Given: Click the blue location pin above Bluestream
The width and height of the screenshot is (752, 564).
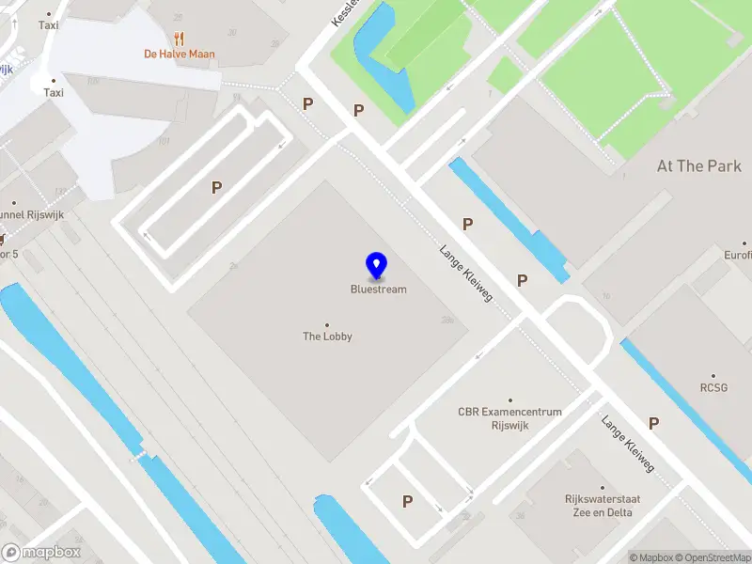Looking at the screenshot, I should point(377,266).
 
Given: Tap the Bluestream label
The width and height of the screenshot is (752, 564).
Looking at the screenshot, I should point(379,290).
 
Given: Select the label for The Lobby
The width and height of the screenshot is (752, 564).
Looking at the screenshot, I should point(327,337).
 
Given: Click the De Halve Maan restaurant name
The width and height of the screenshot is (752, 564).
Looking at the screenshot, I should point(179,54).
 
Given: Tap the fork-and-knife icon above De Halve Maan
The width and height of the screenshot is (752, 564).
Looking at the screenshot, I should point(179,38).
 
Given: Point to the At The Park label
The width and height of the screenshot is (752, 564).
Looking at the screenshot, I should point(698,166).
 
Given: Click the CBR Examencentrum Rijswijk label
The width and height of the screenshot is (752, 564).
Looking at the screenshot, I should point(509,417).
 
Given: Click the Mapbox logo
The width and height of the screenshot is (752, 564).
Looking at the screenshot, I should point(41,553).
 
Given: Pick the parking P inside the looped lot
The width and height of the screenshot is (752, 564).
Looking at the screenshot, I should point(216,188).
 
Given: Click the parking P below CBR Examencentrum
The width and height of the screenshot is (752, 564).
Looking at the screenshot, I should point(407,502).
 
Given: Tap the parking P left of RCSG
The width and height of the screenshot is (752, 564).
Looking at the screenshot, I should point(653,424).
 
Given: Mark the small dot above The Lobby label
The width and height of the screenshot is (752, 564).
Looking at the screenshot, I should point(327,324).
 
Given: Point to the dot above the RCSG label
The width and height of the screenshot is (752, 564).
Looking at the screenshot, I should point(714,375).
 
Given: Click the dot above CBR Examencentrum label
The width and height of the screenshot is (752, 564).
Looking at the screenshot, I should point(510,399).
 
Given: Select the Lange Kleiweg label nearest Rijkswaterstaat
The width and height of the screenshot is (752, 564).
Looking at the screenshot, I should point(628,445).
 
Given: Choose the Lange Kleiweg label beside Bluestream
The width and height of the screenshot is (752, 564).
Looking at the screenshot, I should point(466,274).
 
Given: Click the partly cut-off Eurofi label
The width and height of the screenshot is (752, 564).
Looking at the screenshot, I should point(737,255).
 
